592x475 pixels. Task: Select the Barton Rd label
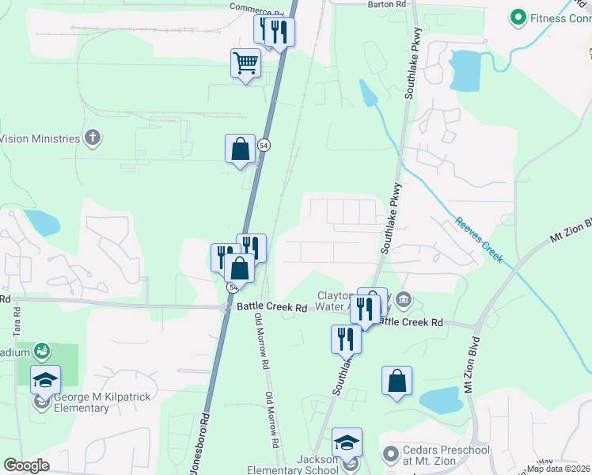(387, 4)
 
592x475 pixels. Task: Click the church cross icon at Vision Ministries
(93, 139)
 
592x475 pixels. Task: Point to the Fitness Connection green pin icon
(518, 16)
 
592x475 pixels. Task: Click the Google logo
(26, 465)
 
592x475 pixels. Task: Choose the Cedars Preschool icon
(389, 454)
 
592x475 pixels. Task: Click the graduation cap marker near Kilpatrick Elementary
(45, 380)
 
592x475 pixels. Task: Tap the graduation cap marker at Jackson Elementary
(347, 442)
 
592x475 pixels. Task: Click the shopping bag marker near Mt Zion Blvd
(397, 380)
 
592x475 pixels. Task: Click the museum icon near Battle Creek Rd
(404, 299)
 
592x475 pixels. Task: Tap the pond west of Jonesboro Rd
(43, 222)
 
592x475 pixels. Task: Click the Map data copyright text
(559, 469)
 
